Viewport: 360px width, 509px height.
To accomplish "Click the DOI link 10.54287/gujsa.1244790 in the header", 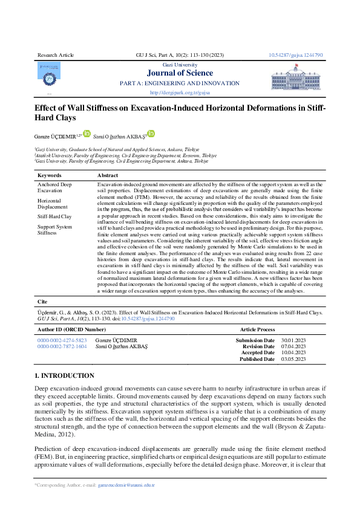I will coord(295,55).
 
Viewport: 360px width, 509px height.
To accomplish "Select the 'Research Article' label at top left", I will coord(56,55).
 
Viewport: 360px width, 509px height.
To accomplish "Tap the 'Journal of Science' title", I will coord(180,73).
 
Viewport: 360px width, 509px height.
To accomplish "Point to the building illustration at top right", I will coord(299,78).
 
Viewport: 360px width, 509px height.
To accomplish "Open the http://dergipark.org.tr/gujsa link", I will coord(180,93).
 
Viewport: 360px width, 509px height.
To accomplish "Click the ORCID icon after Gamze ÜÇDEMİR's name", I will coord(87,134).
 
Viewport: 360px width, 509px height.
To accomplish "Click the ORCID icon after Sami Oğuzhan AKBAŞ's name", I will coord(151,134).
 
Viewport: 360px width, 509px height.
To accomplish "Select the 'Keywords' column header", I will coord(50,175).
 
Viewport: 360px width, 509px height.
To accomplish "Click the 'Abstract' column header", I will coord(108,175).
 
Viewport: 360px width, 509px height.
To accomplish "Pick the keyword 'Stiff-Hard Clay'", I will coord(54,216).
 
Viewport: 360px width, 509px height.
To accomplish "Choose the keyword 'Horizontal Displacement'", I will coord(53,203).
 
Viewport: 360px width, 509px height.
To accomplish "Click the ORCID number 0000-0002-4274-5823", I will coord(62,341).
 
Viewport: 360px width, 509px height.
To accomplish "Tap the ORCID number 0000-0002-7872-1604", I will coord(62,347).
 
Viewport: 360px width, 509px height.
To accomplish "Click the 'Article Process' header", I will coord(257,329).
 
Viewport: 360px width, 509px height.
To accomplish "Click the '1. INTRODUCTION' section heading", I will coord(64,375).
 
